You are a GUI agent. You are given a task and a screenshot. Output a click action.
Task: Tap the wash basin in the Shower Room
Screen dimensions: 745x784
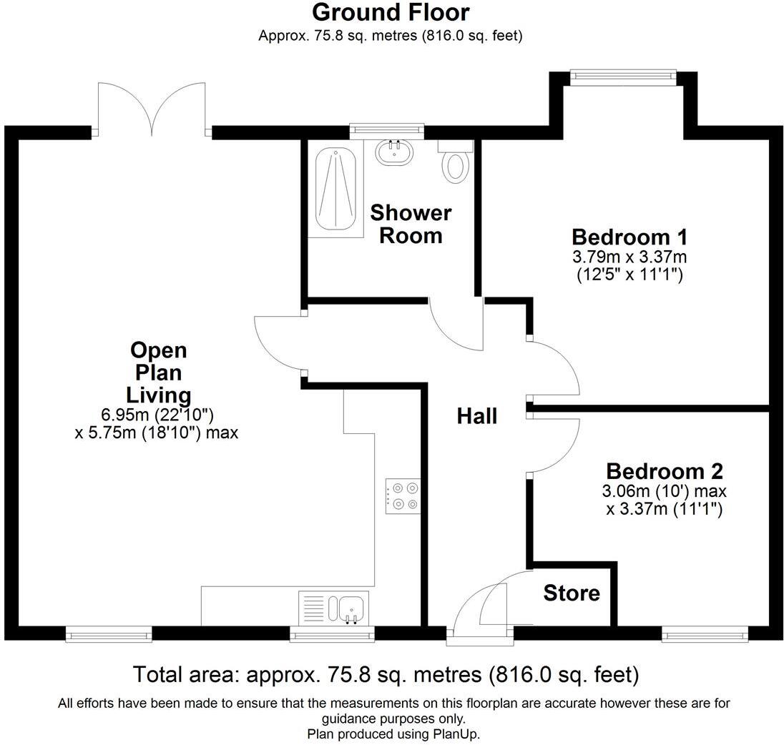click(393, 152)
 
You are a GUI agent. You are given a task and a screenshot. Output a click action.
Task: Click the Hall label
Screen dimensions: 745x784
click(477, 416)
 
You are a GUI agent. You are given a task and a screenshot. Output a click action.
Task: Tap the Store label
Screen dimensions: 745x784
click(572, 593)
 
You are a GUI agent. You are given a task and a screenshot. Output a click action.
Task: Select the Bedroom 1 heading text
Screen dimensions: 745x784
click(629, 237)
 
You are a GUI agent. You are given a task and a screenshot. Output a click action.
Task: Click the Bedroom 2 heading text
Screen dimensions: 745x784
click(665, 471)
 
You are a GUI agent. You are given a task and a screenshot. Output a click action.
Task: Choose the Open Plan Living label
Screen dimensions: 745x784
click(158, 372)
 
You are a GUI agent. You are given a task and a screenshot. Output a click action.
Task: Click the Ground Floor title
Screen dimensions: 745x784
click(391, 13)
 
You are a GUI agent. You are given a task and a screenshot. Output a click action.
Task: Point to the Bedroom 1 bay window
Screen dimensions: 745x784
click(623, 73)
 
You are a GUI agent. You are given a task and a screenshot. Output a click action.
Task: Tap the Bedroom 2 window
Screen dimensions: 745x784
click(705, 632)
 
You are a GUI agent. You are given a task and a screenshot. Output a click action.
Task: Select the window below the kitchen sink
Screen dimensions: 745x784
click(332, 632)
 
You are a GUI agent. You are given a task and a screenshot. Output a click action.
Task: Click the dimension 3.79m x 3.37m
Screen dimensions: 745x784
click(629, 257)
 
